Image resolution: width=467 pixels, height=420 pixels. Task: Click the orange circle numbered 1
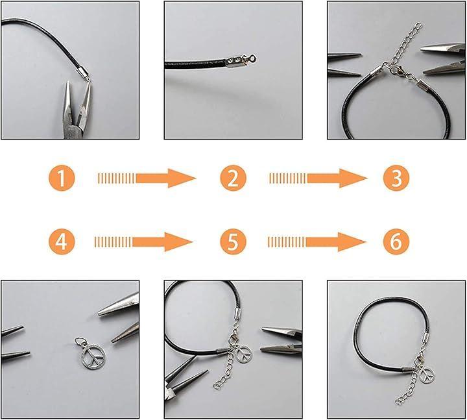click(62, 179)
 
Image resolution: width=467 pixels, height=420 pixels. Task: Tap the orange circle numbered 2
click(233, 179)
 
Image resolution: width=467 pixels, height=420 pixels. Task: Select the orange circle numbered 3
click(396, 179)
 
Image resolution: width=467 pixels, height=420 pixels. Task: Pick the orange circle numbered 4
click(62, 241)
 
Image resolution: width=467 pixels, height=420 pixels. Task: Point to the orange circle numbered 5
click(233, 241)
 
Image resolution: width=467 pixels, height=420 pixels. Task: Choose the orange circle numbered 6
click(396, 241)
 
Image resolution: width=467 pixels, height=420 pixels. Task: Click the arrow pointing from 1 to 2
click(147, 179)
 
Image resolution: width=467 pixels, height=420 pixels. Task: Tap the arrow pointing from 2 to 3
click(318, 179)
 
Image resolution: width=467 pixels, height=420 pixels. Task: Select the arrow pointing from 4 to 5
click(143, 241)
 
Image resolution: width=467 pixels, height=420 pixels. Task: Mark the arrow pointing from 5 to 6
click(317, 241)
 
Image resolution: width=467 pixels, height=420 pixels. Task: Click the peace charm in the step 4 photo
click(93, 356)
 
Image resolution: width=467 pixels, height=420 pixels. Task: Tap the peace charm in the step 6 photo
click(427, 375)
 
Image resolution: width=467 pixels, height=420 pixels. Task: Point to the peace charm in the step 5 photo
click(244, 354)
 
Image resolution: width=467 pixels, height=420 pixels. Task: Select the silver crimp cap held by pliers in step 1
click(83, 72)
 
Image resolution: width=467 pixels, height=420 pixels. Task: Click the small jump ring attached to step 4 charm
click(80, 341)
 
